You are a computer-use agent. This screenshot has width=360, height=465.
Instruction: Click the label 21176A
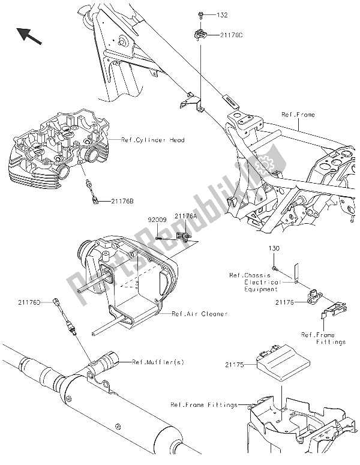click(185, 215)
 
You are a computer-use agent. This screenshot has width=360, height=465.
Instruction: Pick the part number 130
click(273, 248)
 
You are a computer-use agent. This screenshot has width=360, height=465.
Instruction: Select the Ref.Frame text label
click(314, 115)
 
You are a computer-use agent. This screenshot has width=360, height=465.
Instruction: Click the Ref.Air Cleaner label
click(193, 313)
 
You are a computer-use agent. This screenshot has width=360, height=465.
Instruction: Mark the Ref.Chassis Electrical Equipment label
click(254, 282)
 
